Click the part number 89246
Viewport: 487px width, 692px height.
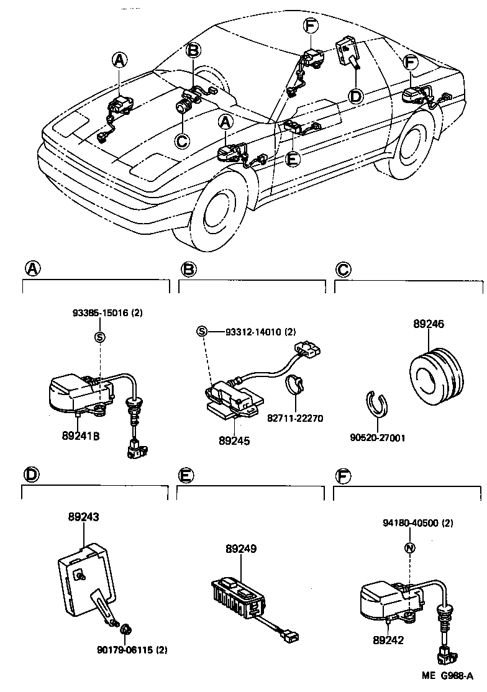point(429,324)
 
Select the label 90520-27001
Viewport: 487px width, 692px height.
point(378,437)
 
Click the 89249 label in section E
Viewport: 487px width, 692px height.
point(241,549)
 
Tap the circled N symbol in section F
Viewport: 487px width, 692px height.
point(409,548)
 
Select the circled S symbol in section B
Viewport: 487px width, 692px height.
point(201,331)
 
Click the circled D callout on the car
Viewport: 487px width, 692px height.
point(355,96)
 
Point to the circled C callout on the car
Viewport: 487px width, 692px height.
point(181,141)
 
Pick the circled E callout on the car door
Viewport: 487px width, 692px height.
point(291,159)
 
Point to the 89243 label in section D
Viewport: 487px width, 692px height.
point(83,516)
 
